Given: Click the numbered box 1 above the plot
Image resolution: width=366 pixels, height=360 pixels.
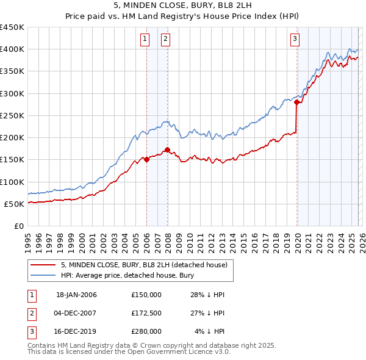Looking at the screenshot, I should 145,40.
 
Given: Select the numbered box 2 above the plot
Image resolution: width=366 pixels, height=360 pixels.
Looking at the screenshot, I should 166,40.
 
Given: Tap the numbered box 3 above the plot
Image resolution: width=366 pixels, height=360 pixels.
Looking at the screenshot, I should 295,40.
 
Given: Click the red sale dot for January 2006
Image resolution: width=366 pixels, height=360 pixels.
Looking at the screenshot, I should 146,159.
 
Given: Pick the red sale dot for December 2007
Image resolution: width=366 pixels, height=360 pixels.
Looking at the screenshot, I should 167,149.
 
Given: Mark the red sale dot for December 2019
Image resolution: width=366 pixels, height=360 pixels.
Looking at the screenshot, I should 297,103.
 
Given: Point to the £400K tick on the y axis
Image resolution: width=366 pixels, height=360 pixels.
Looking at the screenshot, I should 12,49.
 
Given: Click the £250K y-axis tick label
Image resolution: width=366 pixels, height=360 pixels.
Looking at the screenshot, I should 12,115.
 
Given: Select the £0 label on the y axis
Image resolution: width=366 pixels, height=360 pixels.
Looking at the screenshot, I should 18,226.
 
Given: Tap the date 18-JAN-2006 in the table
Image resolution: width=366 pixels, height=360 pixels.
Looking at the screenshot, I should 76,295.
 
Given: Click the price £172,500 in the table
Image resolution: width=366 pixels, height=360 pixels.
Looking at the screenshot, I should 146,313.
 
